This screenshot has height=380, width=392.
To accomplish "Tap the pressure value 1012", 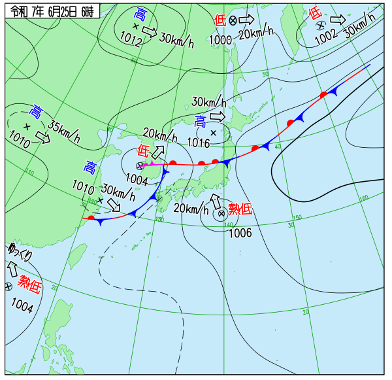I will [131, 39].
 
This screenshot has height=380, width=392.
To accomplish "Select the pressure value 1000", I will [220, 40].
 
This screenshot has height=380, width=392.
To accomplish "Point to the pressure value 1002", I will [326, 39].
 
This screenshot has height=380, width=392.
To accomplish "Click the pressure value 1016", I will [198, 142].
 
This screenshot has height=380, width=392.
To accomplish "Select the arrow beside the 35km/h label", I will [43, 137].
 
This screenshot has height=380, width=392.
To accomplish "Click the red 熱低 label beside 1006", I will [240, 209].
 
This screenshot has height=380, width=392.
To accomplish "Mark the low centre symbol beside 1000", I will [233, 21].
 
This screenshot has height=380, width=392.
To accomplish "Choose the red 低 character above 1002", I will [316, 12].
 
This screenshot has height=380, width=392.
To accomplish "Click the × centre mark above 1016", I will [213, 132].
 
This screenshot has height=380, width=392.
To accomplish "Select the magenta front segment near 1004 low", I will [150, 163].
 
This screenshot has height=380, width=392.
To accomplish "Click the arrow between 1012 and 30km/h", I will [149, 32].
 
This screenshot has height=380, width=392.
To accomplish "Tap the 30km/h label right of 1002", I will [360, 29].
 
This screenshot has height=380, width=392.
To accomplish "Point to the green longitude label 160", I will [364, 198].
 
